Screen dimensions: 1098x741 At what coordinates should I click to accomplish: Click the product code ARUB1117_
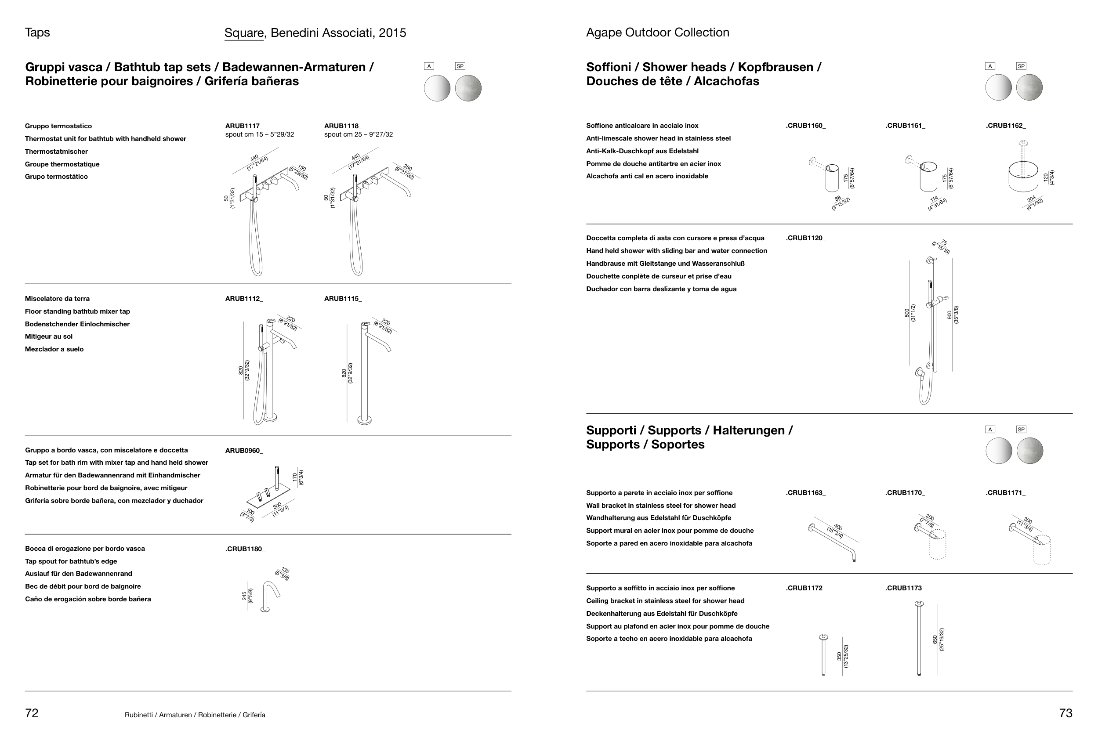click(244, 126)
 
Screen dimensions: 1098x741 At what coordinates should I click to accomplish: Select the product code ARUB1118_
click(343, 126)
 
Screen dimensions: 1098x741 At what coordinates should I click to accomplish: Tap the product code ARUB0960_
click(244, 451)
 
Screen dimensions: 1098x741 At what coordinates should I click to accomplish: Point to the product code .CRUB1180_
click(245, 549)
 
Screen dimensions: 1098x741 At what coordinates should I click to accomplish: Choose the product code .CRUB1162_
click(1005, 126)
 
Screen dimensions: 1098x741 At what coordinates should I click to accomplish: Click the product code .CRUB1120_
click(805, 238)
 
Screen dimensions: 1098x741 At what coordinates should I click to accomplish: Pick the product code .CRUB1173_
click(905, 588)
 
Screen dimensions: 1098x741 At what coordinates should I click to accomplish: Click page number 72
click(32, 713)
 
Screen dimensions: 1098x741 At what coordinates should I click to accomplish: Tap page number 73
click(1066, 713)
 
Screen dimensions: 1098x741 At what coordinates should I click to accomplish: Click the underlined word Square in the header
click(244, 33)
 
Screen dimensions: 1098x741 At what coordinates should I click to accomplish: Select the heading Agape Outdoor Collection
click(658, 32)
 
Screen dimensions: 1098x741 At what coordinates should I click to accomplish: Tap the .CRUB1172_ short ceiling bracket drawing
click(823, 655)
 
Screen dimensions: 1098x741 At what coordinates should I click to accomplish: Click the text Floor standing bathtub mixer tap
click(77, 311)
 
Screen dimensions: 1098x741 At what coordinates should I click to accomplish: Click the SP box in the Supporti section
click(1021, 429)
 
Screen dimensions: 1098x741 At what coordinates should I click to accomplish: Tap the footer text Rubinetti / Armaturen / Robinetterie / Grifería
click(195, 715)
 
